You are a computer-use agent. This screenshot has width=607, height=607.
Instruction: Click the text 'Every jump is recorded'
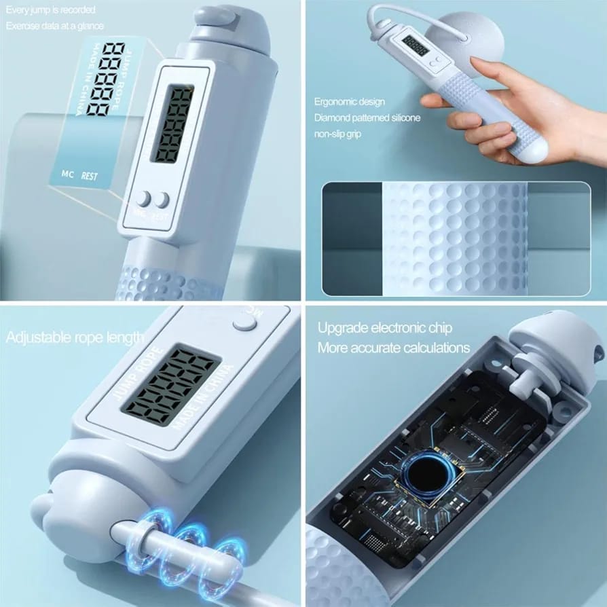(x=51, y=10)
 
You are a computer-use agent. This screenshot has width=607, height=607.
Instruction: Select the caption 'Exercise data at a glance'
(x=55, y=26)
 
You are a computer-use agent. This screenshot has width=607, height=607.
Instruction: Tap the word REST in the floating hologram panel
(x=89, y=176)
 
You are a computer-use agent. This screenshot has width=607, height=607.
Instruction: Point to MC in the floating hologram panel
(x=67, y=173)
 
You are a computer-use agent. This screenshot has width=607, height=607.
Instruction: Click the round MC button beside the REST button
(x=143, y=199)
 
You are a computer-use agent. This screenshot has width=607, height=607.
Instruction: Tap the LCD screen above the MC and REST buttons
(x=170, y=124)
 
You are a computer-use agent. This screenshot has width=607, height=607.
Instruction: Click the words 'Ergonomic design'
(x=349, y=102)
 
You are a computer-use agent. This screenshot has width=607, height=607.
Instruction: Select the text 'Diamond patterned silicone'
(x=367, y=117)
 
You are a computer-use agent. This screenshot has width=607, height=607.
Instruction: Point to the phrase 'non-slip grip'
(x=337, y=134)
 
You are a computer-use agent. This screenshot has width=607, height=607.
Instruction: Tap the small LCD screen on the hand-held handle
(x=415, y=45)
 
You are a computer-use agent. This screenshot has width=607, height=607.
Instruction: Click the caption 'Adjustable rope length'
(x=75, y=337)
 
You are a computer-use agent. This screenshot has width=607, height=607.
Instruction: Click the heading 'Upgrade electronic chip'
(x=385, y=328)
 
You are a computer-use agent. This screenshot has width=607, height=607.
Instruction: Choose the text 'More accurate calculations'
(x=394, y=348)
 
